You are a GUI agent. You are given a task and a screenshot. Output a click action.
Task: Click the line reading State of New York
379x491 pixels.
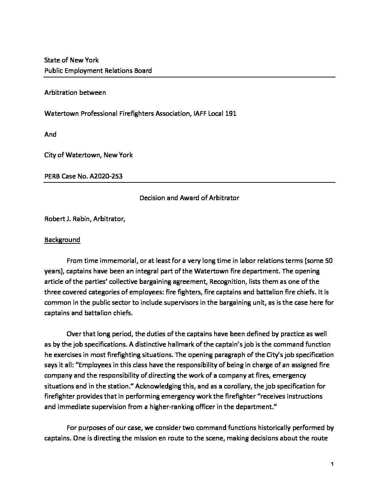click(71, 60)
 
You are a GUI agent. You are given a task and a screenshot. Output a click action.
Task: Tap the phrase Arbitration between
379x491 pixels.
click(75, 92)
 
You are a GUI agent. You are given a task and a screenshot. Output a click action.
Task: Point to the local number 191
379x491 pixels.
click(231, 113)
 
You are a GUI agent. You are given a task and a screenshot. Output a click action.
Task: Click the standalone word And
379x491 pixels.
click(50, 134)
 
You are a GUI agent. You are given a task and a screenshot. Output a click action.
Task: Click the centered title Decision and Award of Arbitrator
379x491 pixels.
click(189, 198)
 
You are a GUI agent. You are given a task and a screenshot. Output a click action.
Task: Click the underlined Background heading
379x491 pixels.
click(62, 240)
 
